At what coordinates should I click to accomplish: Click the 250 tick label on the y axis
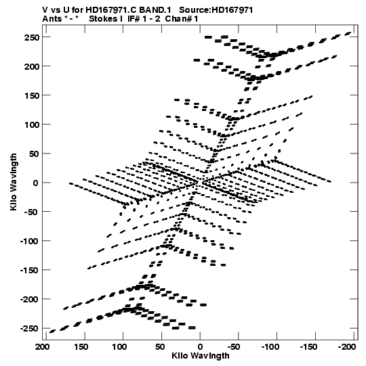[x=32, y=37]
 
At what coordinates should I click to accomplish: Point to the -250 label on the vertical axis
[x=29, y=328]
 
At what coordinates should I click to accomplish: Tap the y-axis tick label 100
[x=32, y=124]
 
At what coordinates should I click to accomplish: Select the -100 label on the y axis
[x=29, y=241]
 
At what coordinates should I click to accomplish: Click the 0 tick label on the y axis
[x=35, y=183]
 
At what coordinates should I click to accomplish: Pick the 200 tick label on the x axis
[x=43, y=347]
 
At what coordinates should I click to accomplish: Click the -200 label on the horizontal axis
[x=347, y=347]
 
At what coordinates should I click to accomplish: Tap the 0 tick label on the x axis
[x=200, y=347]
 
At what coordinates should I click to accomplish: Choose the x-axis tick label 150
[x=81, y=347]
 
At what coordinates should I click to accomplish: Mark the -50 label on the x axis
[x=234, y=347]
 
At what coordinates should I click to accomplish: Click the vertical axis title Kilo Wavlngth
[x=14, y=182]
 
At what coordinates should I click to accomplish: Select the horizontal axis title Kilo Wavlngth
[x=201, y=356]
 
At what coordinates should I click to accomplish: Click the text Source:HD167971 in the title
[x=216, y=10]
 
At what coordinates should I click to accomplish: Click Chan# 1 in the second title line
[x=182, y=19]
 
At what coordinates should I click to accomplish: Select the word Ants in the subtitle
[x=52, y=19]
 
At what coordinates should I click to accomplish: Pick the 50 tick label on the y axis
[x=34, y=154]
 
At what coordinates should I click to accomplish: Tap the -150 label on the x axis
[x=308, y=347]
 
